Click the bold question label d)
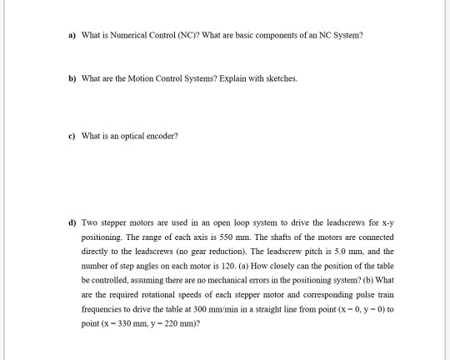[x=72, y=222]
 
